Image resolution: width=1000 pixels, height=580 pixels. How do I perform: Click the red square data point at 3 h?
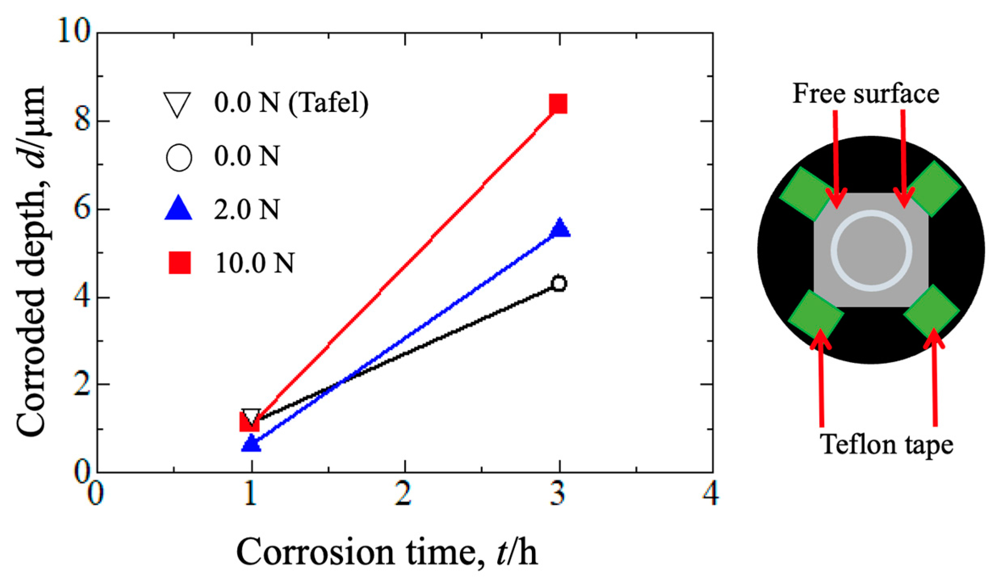point(559,104)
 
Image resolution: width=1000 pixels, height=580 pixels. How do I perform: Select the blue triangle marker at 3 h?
point(559,228)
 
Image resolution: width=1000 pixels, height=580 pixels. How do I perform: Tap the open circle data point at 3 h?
point(559,283)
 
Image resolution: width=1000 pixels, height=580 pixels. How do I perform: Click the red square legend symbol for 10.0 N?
point(180,263)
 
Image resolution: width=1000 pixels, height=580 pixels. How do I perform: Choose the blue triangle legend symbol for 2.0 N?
point(178,209)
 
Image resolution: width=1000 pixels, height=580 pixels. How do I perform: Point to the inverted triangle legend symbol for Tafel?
point(177,104)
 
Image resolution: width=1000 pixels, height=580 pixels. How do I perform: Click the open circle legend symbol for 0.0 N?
point(178,157)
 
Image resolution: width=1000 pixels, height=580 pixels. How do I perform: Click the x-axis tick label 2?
point(403,493)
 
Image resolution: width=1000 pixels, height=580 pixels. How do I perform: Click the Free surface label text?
point(866,94)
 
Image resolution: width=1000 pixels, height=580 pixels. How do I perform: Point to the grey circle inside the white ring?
point(871,250)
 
